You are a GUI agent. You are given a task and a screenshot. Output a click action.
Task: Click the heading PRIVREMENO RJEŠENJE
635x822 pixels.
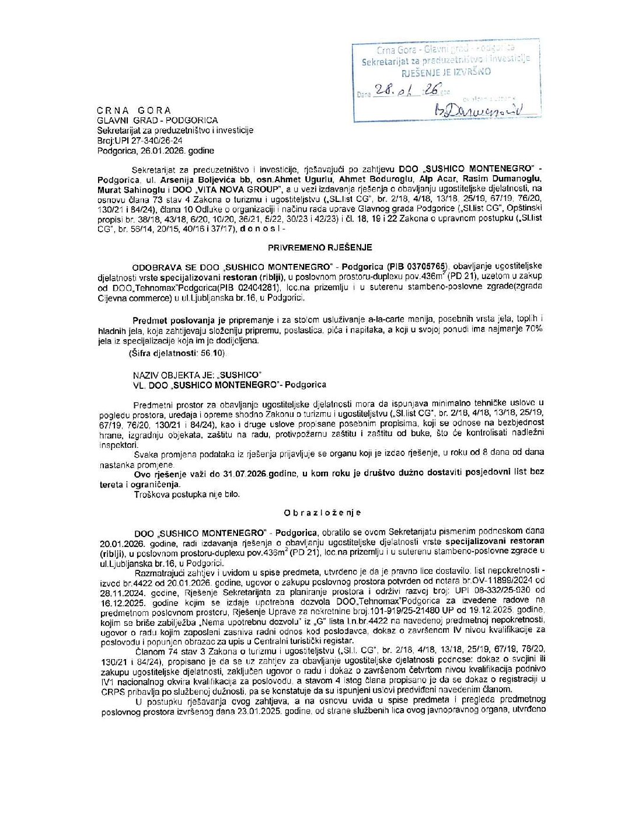320,248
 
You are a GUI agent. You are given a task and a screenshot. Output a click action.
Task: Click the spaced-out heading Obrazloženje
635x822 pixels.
322,513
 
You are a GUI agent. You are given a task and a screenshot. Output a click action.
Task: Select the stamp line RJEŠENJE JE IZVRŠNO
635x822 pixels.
446,72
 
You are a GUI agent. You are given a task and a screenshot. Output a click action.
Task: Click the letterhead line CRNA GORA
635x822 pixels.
134,110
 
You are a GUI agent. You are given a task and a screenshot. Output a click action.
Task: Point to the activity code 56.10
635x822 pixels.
211,353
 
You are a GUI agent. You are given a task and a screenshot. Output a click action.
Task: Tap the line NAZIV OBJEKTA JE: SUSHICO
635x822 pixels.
197,375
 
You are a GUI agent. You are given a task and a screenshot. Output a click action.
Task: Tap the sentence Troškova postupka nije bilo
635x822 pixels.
187,494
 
